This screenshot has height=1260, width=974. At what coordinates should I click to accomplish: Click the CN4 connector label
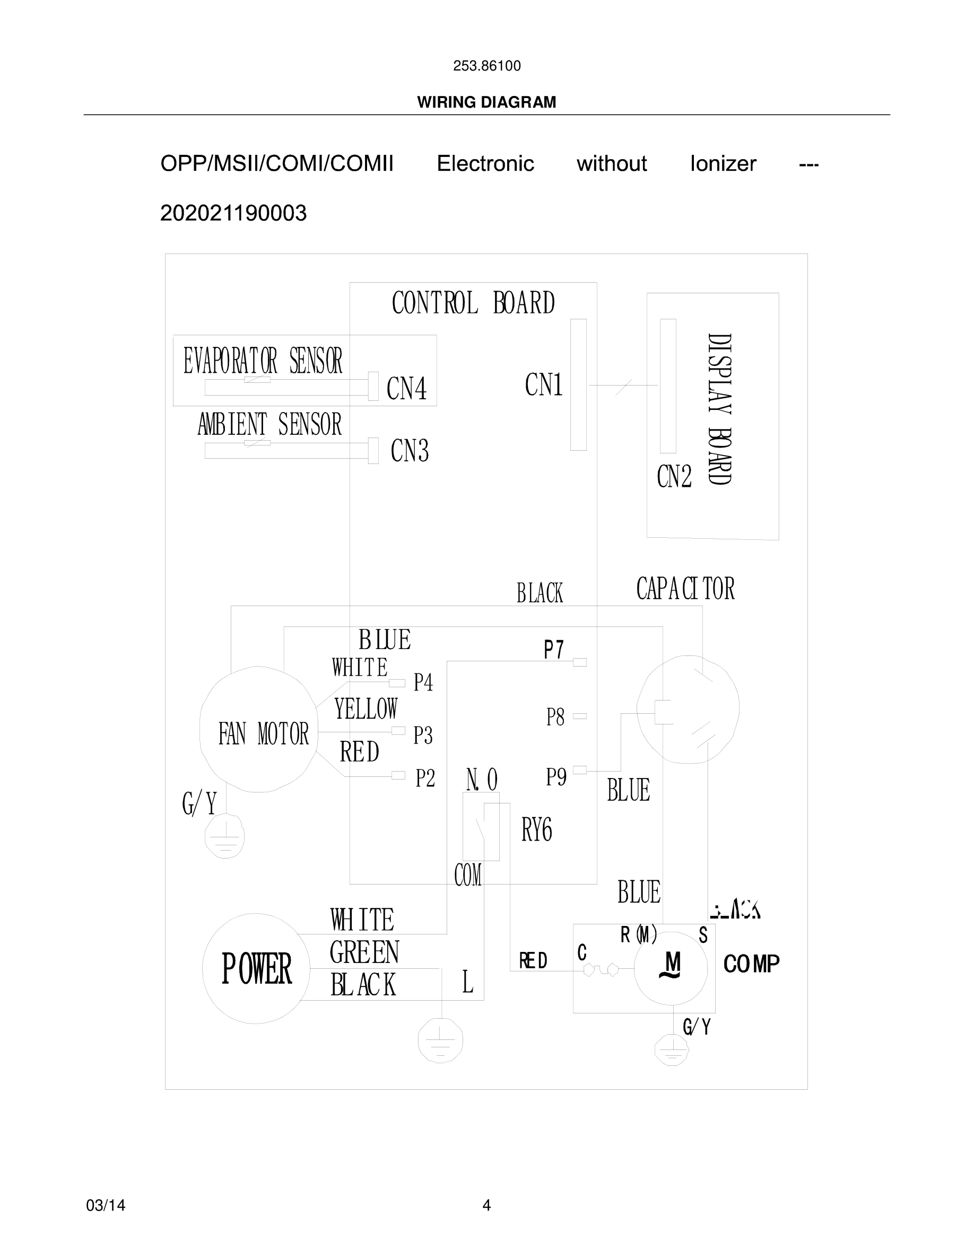pyautogui.click(x=406, y=388)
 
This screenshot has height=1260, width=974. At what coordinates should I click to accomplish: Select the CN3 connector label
pyautogui.click(x=409, y=451)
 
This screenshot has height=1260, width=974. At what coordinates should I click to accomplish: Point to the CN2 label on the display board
pyautogui.click(x=674, y=477)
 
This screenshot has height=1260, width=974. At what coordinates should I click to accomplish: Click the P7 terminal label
pyautogui.click(x=553, y=650)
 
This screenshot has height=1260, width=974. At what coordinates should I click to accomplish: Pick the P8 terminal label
pyautogui.click(x=555, y=717)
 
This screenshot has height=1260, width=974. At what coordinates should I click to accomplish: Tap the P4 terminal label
pyautogui.click(x=423, y=682)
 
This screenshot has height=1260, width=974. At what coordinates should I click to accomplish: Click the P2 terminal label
pyautogui.click(x=425, y=778)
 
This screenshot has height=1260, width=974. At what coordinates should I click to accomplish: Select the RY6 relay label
pyautogui.click(x=537, y=830)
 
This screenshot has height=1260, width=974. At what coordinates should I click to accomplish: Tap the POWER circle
pyautogui.click(x=256, y=969)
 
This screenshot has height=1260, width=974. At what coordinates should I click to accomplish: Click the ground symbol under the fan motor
pyautogui.click(x=225, y=836)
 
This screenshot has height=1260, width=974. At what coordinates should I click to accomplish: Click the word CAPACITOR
pyautogui.click(x=685, y=589)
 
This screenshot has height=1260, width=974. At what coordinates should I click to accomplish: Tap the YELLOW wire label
pyautogui.click(x=366, y=709)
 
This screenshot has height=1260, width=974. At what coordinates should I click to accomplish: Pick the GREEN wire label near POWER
pyautogui.click(x=364, y=952)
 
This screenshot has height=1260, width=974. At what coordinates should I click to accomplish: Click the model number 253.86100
pyautogui.click(x=486, y=66)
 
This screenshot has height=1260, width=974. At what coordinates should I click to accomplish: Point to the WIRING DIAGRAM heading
pyautogui.click(x=486, y=102)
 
